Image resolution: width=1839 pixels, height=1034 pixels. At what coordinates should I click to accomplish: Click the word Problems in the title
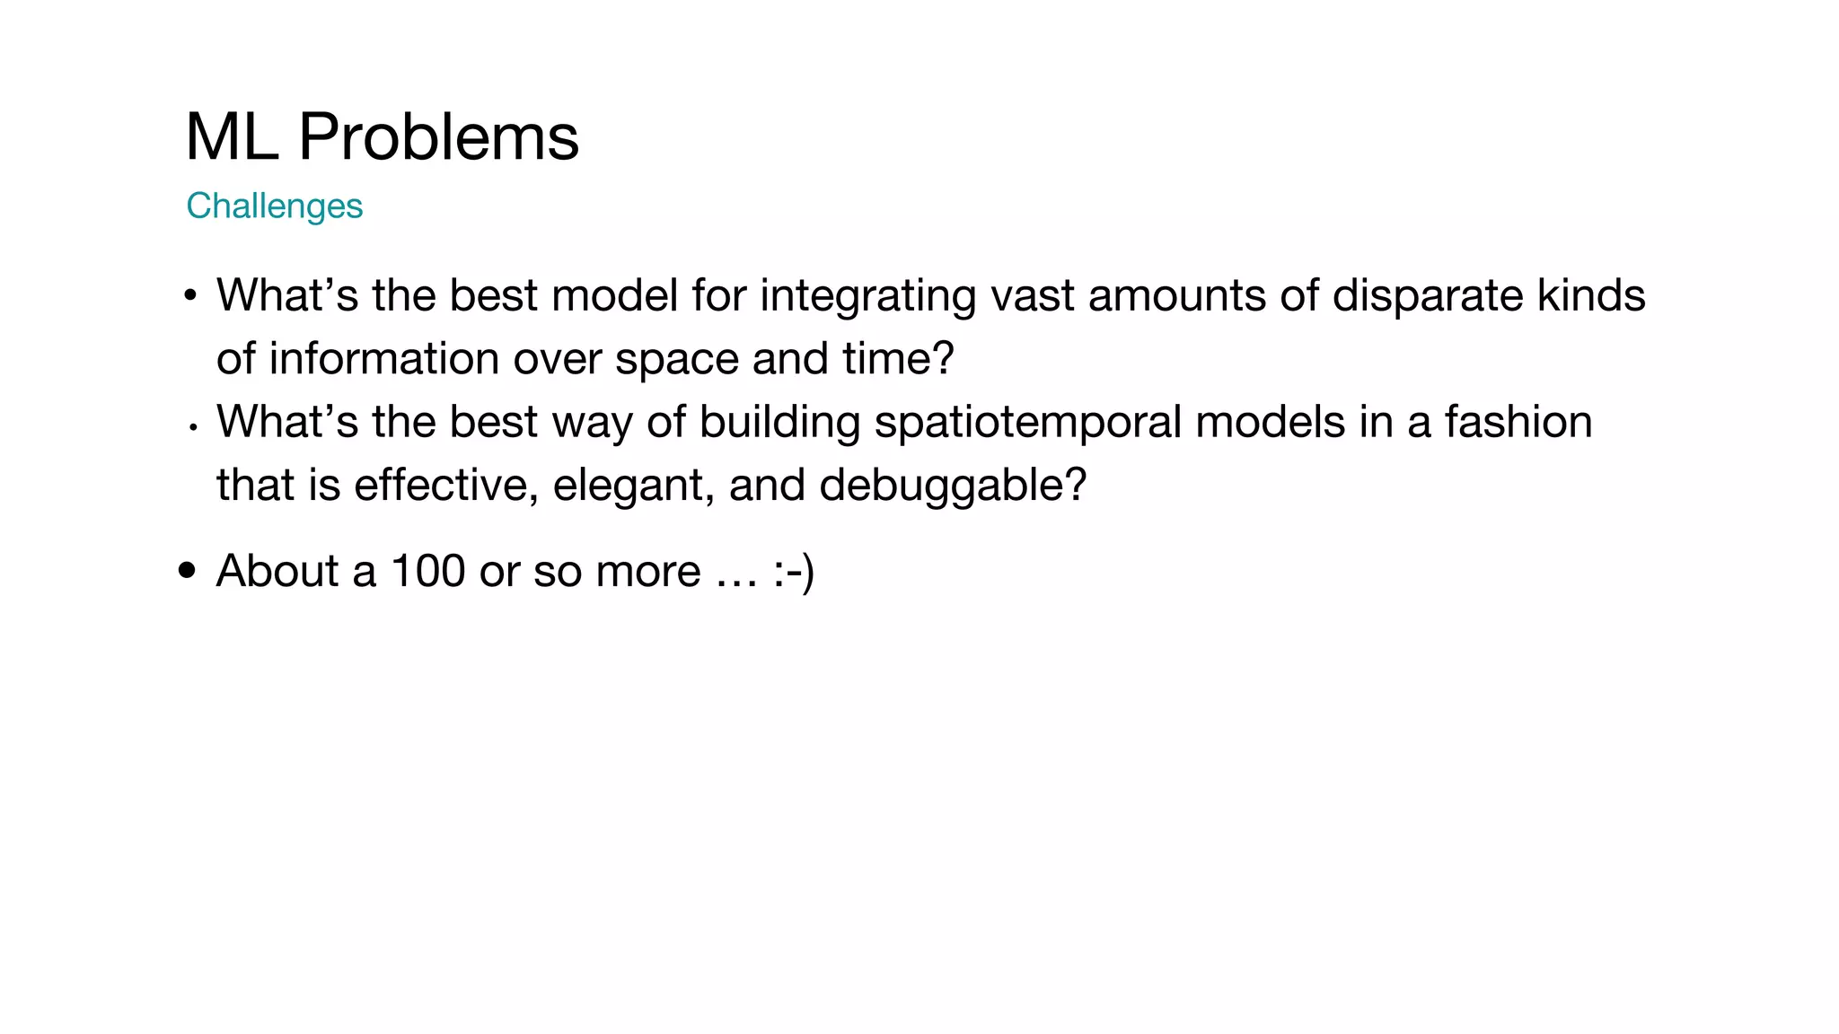[438, 138]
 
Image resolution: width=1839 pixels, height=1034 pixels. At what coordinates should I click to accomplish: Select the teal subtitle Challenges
[274, 206]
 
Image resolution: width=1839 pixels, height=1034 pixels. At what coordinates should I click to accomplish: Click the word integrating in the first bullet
[867, 296]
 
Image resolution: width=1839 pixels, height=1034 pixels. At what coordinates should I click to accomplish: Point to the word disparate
[1427, 296]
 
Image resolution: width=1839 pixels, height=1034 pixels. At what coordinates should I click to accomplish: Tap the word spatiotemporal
[1027, 423]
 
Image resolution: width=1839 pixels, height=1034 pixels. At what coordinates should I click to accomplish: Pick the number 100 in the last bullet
[428, 571]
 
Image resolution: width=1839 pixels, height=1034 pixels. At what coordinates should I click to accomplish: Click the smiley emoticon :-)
[793, 571]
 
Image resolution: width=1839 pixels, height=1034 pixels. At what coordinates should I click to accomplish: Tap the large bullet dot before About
[187, 570]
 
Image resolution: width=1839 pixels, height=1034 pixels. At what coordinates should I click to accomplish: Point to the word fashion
[1518, 423]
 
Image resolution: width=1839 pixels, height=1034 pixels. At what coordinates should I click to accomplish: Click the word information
[383, 359]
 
